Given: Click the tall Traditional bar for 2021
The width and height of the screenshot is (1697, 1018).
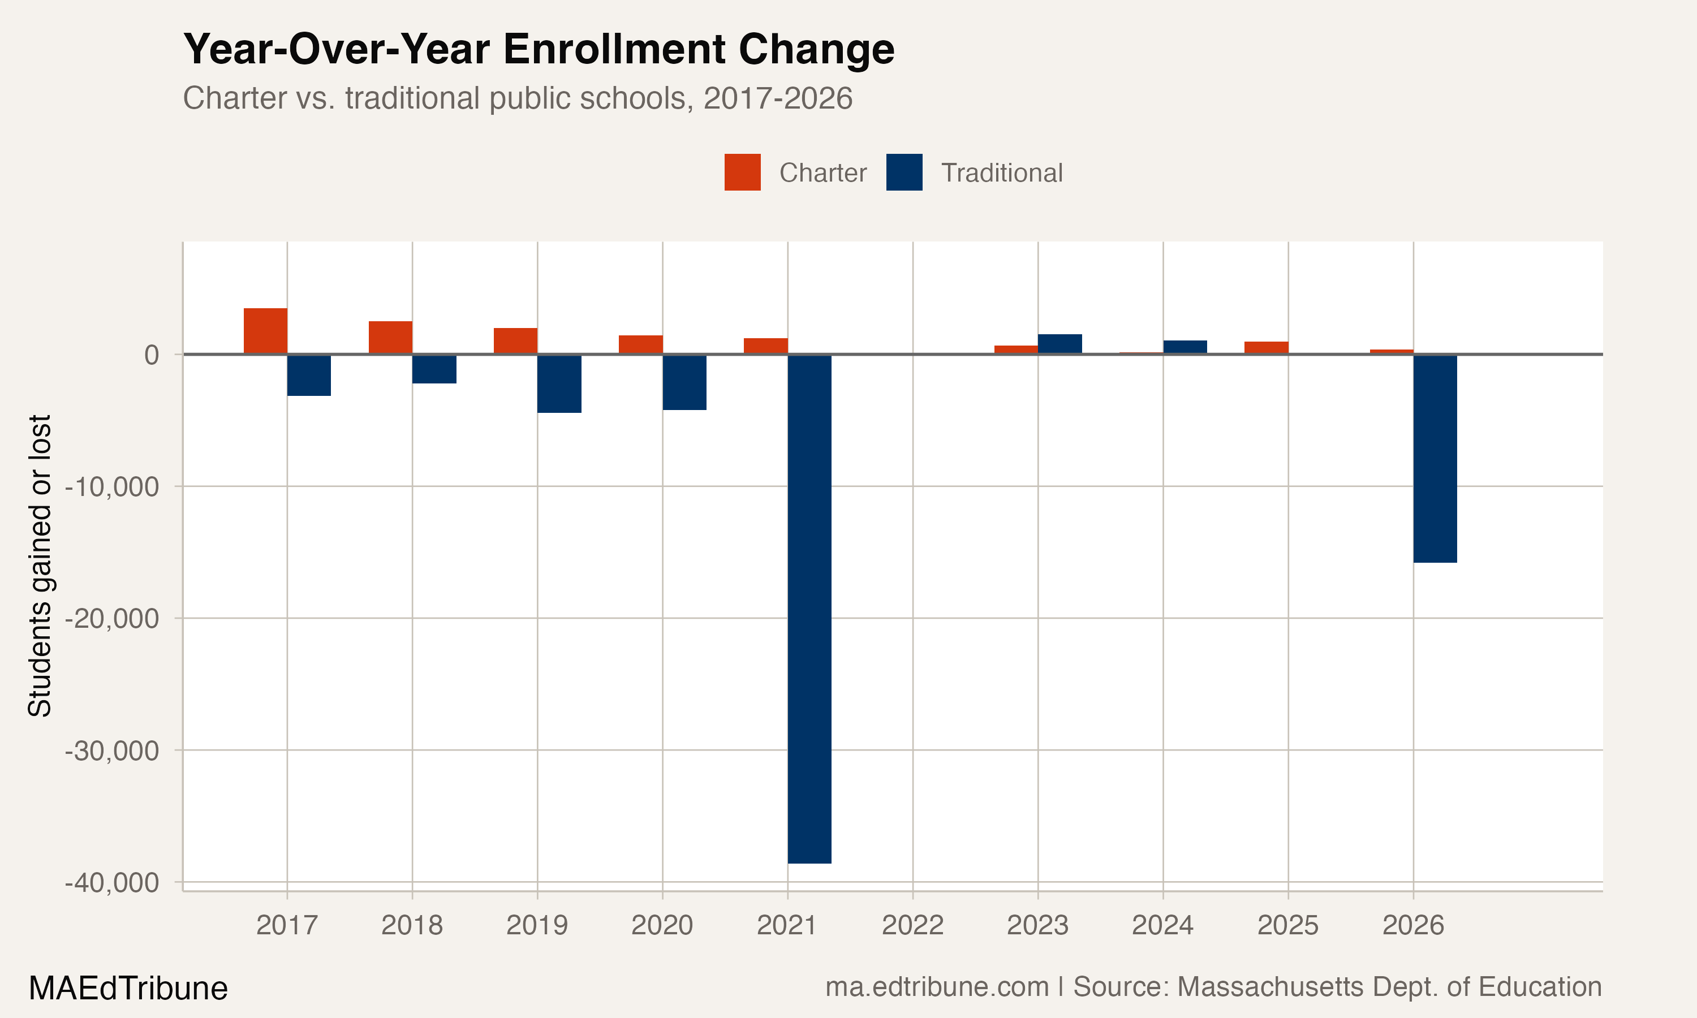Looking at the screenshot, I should [809, 609].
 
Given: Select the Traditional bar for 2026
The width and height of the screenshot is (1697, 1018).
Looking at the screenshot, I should [1435, 458].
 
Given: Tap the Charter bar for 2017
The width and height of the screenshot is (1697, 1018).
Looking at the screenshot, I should [265, 331].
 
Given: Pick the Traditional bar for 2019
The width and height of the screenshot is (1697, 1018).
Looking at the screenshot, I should [559, 383].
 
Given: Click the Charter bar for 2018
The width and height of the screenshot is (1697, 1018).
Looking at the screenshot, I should [390, 338].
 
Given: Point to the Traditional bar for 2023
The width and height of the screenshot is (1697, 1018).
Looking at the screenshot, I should [1059, 344].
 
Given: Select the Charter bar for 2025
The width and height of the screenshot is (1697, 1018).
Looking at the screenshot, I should [1266, 348].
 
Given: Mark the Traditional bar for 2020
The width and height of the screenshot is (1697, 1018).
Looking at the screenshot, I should [684, 382].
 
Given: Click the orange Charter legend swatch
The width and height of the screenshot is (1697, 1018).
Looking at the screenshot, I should [742, 172].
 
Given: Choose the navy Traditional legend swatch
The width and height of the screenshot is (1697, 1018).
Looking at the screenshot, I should [904, 172].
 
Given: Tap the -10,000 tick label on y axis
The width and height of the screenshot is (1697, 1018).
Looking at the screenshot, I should [112, 487].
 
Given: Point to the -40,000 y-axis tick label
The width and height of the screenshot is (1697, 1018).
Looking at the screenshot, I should [112, 883].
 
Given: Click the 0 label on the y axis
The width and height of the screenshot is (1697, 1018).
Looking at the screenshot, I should [152, 355].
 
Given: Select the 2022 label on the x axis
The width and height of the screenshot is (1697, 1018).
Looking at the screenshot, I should [912, 925].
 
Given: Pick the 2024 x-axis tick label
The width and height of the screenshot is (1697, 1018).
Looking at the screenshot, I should [1162, 925].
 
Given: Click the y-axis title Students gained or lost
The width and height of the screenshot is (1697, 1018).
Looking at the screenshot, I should [40, 566].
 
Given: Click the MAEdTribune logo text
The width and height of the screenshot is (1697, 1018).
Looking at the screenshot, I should [128, 989].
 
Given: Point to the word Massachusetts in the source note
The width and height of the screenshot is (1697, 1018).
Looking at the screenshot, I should [1271, 987].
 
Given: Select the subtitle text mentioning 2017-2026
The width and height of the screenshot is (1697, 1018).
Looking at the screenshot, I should [517, 98].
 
